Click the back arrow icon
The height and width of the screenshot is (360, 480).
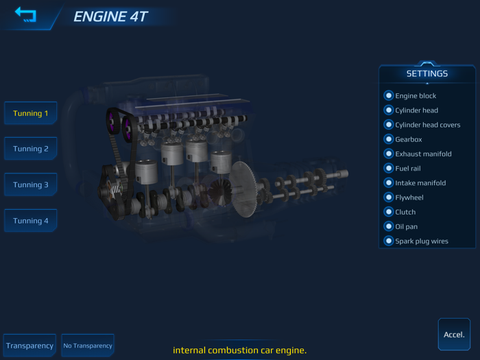25,14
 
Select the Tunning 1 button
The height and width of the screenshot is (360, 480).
30,113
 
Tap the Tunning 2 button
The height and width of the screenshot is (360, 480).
30,149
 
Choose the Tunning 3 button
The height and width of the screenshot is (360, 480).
30,184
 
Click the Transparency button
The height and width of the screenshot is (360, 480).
29,346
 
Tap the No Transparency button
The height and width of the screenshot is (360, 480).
88,346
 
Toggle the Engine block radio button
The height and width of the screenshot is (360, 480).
389,96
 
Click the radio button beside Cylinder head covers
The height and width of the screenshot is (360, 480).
389,125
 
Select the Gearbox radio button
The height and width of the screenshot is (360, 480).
389,139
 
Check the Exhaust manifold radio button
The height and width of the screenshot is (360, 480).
389,154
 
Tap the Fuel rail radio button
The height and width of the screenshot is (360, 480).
389,168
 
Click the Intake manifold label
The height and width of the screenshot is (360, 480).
420,183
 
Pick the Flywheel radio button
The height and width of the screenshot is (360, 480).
389,197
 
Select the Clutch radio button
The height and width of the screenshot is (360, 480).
389,212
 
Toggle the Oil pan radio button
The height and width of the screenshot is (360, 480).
389,226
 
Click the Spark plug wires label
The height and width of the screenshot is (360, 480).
422,241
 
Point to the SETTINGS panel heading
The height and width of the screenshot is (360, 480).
427,73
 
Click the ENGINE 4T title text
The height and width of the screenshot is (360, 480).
110,16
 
